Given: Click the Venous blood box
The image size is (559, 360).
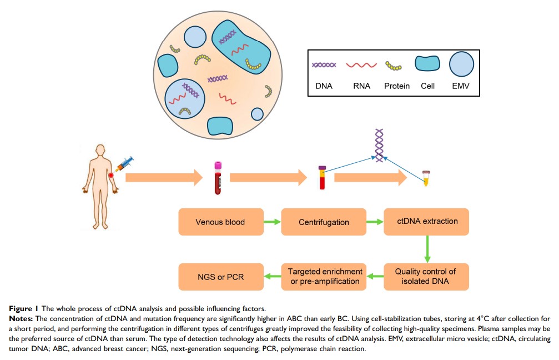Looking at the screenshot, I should tap(220, 222).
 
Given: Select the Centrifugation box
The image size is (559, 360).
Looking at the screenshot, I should tap(324, 222).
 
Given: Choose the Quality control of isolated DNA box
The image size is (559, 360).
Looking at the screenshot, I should tap(426, 276).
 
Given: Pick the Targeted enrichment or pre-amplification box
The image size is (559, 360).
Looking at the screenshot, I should tap(324, 276).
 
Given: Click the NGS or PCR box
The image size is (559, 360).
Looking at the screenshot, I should tap(220, 276).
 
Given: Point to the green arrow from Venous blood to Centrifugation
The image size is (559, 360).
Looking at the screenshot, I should tap(271, 222).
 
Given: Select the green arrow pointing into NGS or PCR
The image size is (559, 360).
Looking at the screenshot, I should tap(271, 277).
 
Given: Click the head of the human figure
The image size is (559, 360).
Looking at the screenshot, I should tap(100, 150).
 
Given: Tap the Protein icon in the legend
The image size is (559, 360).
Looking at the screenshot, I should tap(396, 66).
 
